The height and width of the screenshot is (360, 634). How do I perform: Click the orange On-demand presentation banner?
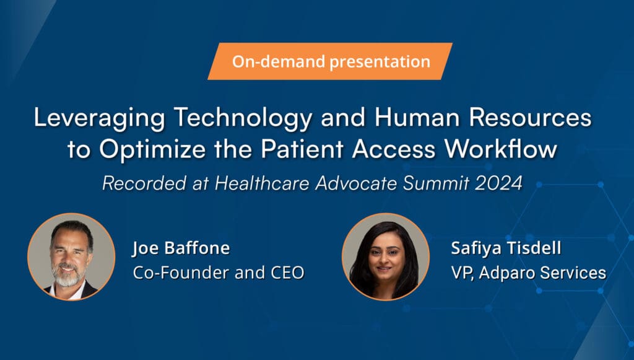coord(331,61)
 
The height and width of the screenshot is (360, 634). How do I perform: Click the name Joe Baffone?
coord(181,249)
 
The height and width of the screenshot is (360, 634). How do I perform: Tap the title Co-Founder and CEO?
coord(219,273)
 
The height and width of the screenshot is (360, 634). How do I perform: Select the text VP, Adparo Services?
coord(528,273)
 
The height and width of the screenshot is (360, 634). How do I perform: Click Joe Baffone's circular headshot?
coord(71,257)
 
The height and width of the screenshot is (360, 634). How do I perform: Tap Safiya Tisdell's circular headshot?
coord(385,257)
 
